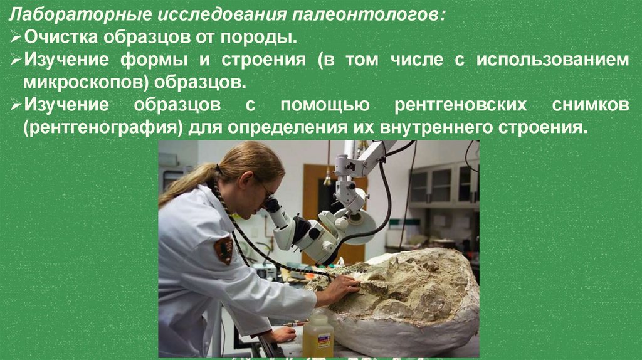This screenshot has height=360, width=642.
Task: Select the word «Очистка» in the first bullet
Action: pos(61,37)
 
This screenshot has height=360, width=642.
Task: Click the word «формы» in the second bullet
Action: pos(154,60)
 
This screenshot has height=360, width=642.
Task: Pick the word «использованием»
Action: pos(553,60)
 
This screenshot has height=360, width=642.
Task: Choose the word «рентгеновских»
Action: pos(461,105)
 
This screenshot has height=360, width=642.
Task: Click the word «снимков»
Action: pos(591,105)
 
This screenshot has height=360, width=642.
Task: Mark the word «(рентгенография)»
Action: pos(103,128)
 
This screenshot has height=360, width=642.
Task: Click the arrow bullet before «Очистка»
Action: pos(16,37)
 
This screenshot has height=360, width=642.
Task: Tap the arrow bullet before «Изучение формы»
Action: pos(16,60)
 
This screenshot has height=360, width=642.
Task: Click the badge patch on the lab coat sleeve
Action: pos(224,250)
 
